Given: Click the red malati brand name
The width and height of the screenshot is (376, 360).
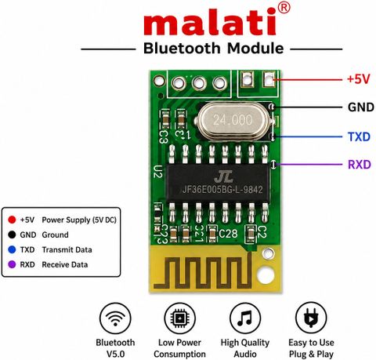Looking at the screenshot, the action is pos(210,22).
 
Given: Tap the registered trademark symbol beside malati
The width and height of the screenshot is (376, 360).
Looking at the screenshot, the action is pos(284,8).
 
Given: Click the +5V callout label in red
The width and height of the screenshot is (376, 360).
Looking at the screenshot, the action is pos(359,78).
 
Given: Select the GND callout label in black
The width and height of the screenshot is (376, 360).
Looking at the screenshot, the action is pos(361,107).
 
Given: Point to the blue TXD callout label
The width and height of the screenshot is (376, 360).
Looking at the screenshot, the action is pos(359,136).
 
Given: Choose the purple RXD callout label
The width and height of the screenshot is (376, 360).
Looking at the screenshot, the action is pos(360,165).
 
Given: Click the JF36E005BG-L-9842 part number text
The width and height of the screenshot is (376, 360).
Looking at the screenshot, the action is pos(222,189).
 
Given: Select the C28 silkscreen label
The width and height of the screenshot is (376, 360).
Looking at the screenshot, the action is pos(228,234).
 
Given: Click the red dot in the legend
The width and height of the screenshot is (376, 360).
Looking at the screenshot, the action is pos(12,220).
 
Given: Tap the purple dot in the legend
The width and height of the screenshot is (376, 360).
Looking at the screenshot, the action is pos(12,264).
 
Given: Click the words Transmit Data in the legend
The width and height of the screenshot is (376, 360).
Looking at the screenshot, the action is pos(67,250).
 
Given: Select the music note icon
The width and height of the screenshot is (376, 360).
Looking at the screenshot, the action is pos(245,318).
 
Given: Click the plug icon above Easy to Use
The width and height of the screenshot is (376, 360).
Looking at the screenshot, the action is pos(311,318).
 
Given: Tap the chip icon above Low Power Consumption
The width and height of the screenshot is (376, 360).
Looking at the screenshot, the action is pos(179,318).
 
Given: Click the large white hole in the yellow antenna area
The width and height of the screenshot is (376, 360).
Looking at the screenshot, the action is pos(266,275).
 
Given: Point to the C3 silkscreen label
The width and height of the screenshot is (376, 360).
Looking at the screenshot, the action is pos(164,136).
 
